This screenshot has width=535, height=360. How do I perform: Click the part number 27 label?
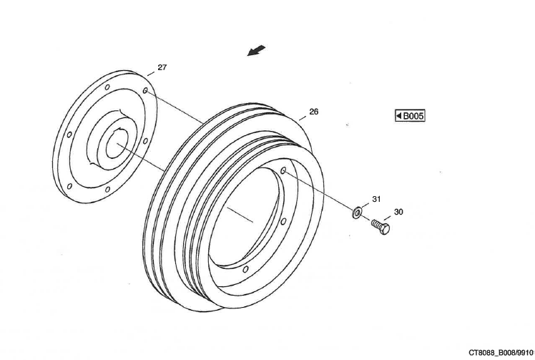point(162,67)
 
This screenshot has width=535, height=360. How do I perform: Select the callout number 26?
point(313,112)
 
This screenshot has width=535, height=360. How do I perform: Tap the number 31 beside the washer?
point(376,198)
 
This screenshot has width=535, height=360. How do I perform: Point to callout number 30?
point(398,212)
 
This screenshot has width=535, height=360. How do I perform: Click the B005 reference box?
point(410,115)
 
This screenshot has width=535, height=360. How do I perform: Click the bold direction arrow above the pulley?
point(256,51)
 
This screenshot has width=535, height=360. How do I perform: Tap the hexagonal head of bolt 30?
point(385,230)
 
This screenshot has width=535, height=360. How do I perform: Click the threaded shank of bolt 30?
point(376,224)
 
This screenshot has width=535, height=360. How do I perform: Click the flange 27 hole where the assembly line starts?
point(145,92)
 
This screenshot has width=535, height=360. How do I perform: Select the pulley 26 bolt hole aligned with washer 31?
point(284,171)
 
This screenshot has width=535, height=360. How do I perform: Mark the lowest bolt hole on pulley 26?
point(245,269)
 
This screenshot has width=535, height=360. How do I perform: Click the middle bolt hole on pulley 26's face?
point(283,221)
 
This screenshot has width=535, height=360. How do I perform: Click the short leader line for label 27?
point(152,74)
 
